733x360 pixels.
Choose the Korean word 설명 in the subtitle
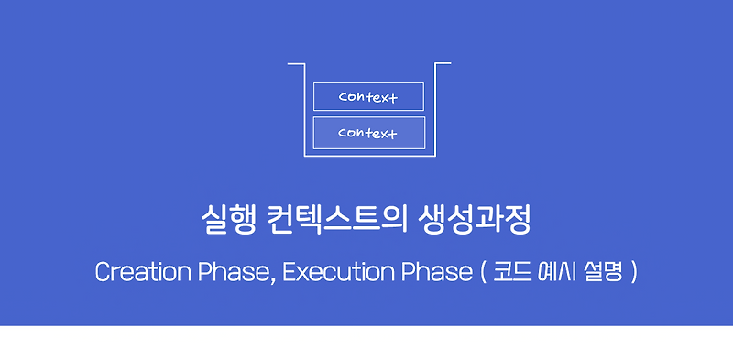(x=601, y=273)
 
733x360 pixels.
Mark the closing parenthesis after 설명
(x=632, y=274)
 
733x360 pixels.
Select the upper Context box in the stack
(x=368, y=97)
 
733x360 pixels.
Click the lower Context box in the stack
(x=368, y=133)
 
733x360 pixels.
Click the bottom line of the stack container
(x=369, y=157)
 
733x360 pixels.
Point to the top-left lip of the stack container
(x=295, y=64)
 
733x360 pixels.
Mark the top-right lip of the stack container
(x=443, y=63)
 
